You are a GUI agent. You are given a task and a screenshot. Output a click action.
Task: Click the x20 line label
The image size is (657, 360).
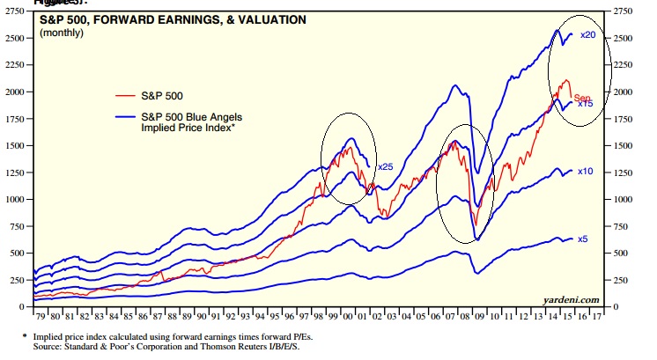(x=589, y=35)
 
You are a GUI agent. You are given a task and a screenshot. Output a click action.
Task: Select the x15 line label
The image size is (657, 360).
(x=584, y=104)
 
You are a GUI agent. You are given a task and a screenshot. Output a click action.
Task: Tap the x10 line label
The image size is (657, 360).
(x=585, y=172)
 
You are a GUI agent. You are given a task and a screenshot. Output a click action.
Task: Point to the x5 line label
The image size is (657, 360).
(x=582, y=239)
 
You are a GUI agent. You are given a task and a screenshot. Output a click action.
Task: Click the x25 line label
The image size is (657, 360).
(x=385, y=167)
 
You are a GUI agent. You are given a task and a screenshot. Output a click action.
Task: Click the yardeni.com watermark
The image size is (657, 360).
(x=572, y=299)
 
